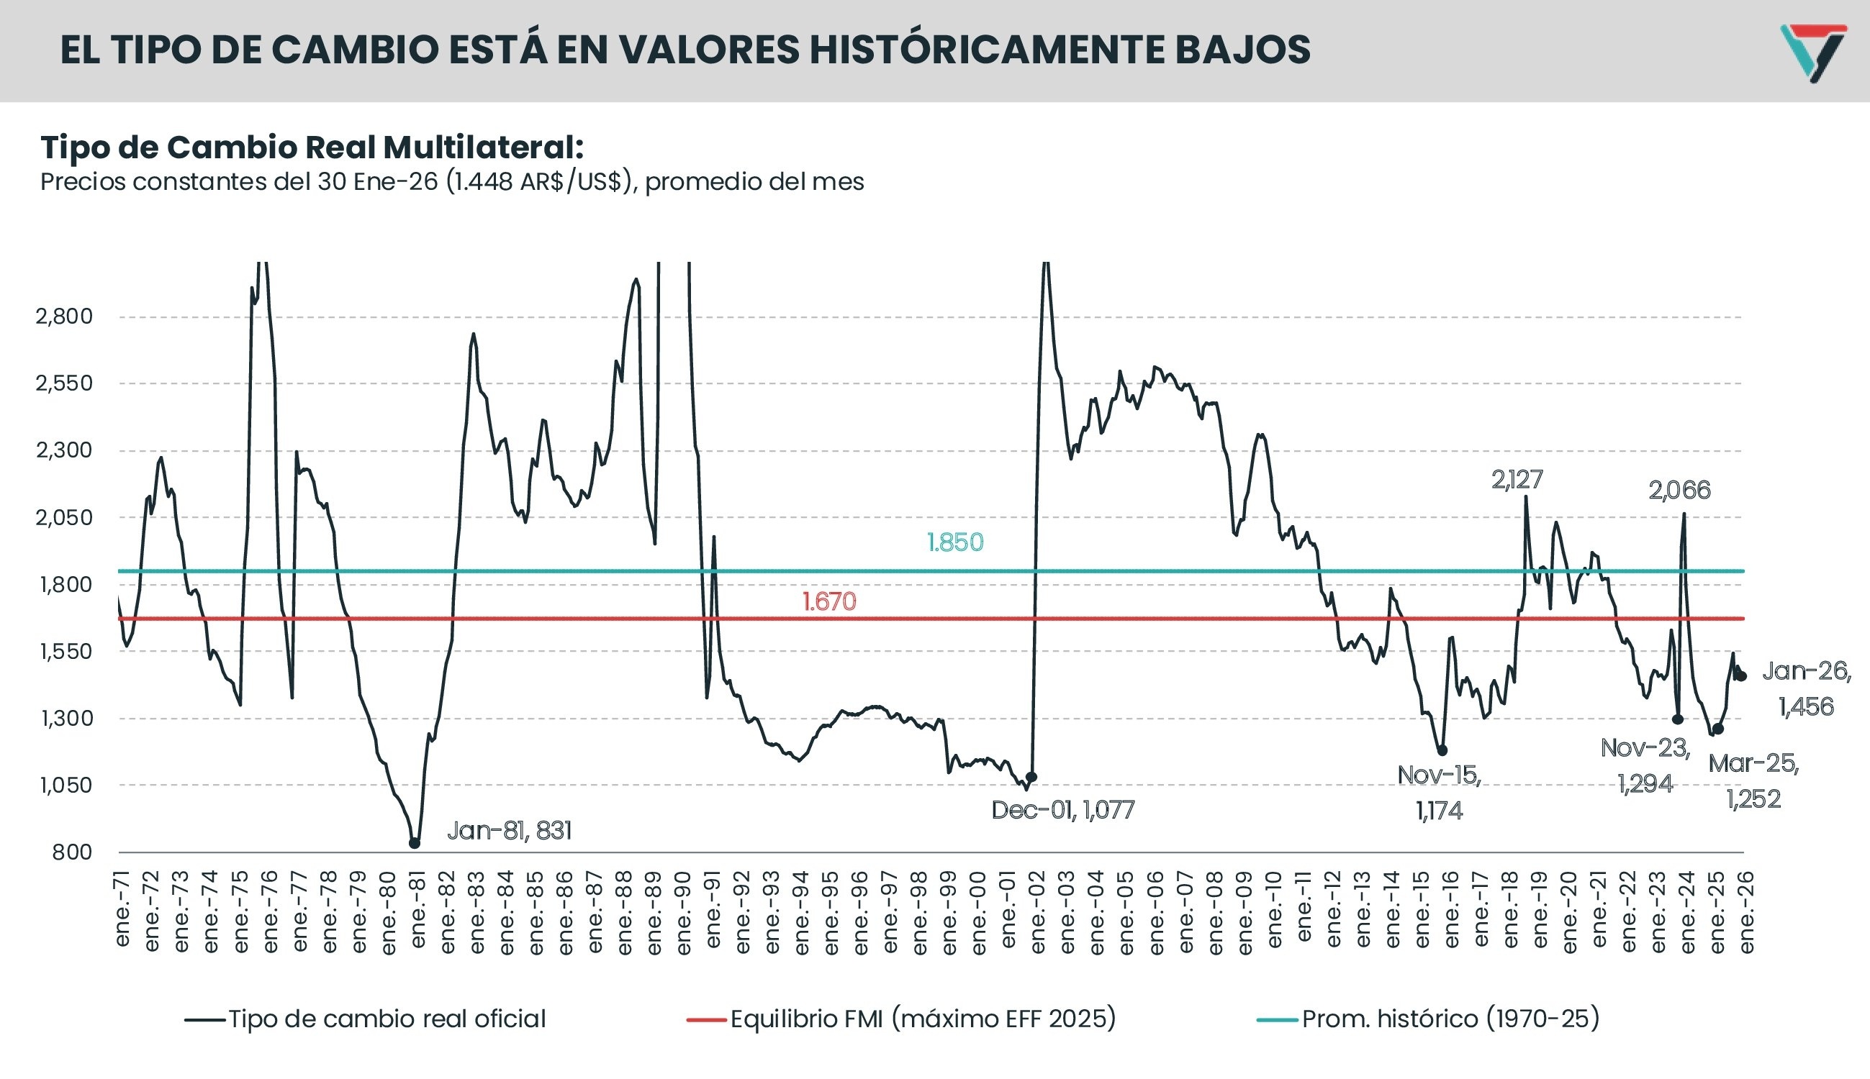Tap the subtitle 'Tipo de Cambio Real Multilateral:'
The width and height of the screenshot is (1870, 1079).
312,147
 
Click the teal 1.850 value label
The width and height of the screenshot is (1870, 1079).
955,542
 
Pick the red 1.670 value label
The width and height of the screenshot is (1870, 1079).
829,601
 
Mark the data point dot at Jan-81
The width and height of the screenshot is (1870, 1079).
415,843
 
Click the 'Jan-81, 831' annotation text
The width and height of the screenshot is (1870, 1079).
510,831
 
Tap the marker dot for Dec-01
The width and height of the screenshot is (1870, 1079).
1031,778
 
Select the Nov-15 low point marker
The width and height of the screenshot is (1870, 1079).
1442,751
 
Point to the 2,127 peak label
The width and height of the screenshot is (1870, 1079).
1517,481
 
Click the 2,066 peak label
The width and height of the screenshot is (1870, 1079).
1679,491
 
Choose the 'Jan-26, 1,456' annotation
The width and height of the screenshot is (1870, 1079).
1806,688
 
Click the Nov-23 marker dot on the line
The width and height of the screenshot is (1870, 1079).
1677,719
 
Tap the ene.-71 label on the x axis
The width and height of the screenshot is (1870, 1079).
122,909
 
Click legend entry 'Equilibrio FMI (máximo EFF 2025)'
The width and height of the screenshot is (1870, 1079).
922,1019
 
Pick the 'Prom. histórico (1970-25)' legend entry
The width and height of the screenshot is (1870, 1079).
1450,1019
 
